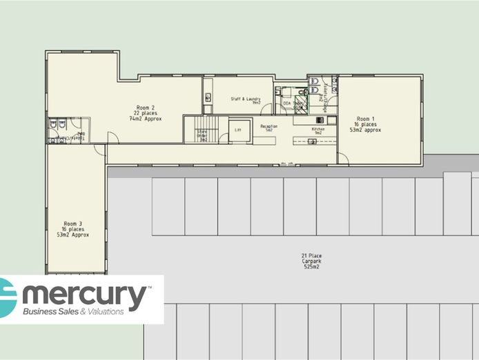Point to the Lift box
(x=238, y=130)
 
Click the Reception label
(x=268, y=128)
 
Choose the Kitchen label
(x=317, y=130)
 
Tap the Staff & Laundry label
(x=245, y=101)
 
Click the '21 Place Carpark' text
(x=312, y=261)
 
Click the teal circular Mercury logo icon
(x=8, y=297)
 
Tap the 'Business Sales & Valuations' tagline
(x=74, y=312)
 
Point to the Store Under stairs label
(x=202, y=134)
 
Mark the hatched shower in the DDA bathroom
(x=300, y=106)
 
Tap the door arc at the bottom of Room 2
(x=113, y=138)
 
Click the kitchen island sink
(x=311, y=141)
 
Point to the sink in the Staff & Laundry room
(x=207, y=97)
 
